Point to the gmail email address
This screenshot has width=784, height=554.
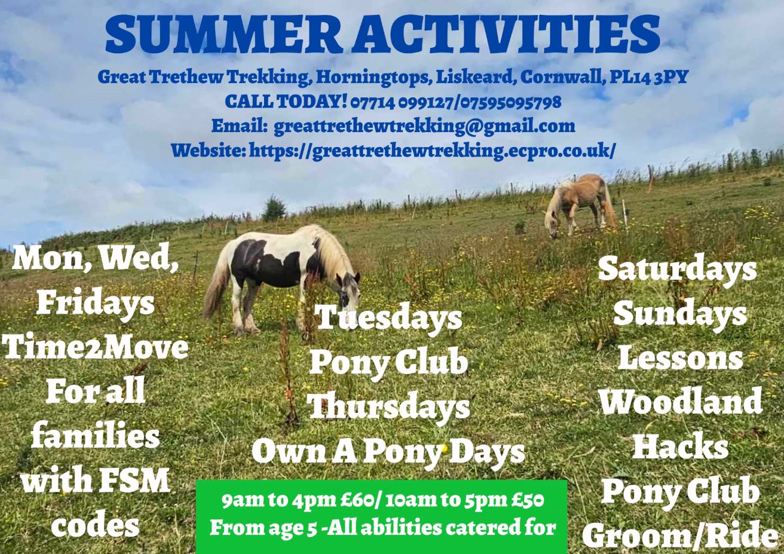[424, 127]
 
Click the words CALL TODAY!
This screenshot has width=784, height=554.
[286, 102]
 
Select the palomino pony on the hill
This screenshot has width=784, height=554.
[579, 205]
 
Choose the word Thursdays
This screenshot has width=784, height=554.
[388, 406]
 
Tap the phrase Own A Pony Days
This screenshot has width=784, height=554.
[388, 451]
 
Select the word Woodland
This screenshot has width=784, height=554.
[681, 401]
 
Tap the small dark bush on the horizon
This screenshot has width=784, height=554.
[273, 209]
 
